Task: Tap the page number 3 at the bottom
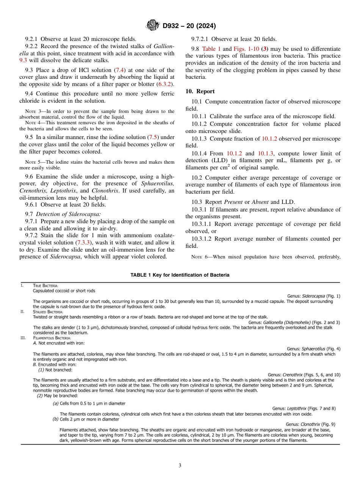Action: pos(180,465)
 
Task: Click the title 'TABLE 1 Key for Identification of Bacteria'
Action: pos(180,275)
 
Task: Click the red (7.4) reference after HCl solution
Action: pos(119,70)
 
